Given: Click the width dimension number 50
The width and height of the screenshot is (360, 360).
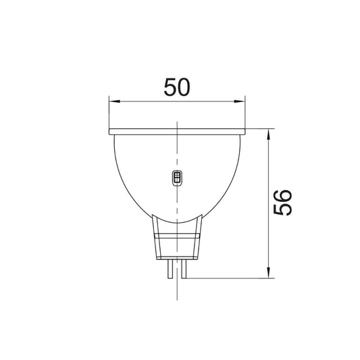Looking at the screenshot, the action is [x=177, y=87].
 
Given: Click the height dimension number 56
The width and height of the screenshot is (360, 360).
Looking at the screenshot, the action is [x=282, y=203].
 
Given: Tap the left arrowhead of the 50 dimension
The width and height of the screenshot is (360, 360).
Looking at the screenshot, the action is [x=115, y=101].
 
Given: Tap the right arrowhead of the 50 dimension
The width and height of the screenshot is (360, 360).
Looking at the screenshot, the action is [x=239, y=101].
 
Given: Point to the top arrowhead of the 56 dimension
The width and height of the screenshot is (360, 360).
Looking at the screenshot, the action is [x=268, y=134].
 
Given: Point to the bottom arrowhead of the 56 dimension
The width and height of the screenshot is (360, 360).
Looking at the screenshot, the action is [x=268, y=272].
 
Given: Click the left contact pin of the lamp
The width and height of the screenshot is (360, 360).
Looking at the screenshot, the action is [x=170, y=269].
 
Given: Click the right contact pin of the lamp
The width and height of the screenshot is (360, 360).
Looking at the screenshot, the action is [x=184, y=269].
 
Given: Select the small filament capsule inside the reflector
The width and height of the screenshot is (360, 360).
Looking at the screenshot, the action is [x=177, y=178].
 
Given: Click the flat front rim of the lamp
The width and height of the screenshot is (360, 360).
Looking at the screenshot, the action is [x=177, y=132].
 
